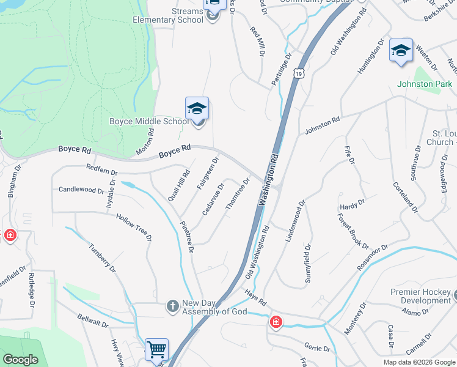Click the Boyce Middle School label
click(148, 121)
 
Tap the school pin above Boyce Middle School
click(197, 109)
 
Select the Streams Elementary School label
click(169, 15)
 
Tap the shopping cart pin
click(157, 350)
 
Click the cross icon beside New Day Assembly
click(173, 305)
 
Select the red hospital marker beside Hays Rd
click(276, 321)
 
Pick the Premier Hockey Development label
click(421, 296)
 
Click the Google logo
click(21, 359)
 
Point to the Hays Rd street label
click(257, 298)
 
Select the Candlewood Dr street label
click(81, 190)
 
